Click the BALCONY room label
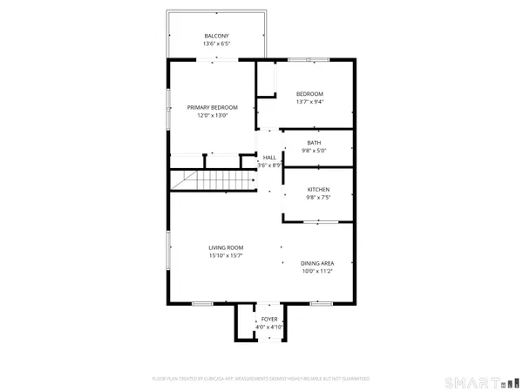pyautogui.click(x=217, y=36)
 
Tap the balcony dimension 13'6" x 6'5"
pyautogui.click(x=217, y=44)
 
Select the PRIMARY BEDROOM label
pyautogui.click(x=212, y=107)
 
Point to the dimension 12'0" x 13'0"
pyautogui.click(x=212, y=115)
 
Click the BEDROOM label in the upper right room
pyautogui.click(x=309, y=94)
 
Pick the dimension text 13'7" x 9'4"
pyautogui.click(x=309, y=102)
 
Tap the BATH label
pyautogui.click(x=314, y=142)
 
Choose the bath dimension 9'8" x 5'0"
pyautogui.click(x=314, y=150)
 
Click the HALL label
pyautogui.click(x=270, y=157)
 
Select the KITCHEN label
pyautogui.click(x=318, y=190)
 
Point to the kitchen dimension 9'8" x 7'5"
pyautogui.click(x=318, y=198)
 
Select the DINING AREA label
pyautogui.click(x=317, y=263)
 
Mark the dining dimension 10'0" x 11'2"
pyautogui.click(x=317, y=271)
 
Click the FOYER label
pyautogui.click(x=269, y=320)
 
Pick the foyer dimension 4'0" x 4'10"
pyautogui.click(x=269, y=328)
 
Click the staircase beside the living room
pyautogui.click(x=214, y=181)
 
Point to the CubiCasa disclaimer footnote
pyautogui.click(x=261, y=379)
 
